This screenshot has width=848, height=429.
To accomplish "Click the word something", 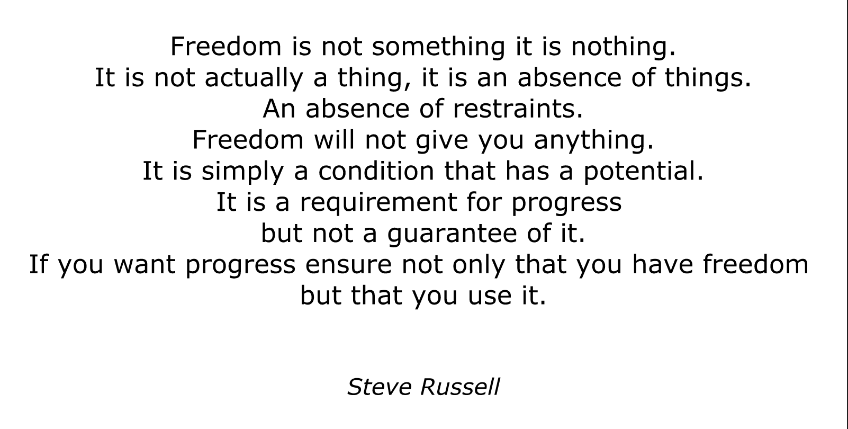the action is [439, 47].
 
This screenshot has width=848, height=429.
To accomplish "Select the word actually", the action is [254, 78].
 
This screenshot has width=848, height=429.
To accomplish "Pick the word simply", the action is [242, 171].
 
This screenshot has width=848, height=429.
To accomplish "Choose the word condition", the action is [376, 171].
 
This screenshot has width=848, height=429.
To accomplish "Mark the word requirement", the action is [378, 202].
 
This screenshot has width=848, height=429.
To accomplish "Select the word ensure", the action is [348, 264].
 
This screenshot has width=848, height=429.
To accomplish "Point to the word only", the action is [479, 265].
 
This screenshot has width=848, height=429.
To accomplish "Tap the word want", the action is [145, 264].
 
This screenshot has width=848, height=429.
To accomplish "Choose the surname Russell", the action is [461, 387].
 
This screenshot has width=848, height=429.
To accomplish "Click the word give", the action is [442, 140].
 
